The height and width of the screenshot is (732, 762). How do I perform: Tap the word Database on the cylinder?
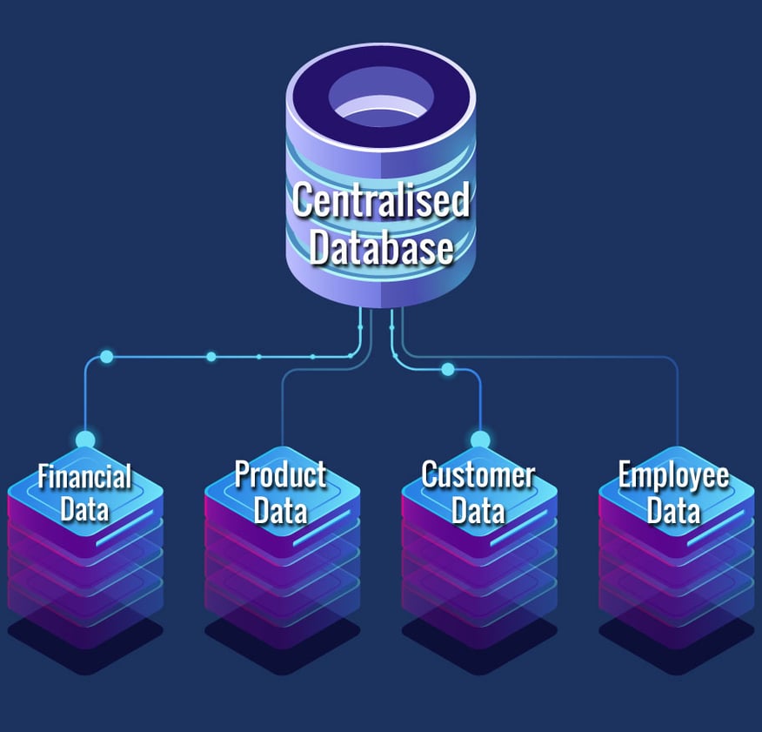(x=380, y=247)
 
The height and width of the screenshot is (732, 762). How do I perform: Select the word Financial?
(x=84, y=477)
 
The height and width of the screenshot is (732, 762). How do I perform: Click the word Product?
(x=281, y=475)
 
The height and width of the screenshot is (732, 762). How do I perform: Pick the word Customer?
(x=478, y=475)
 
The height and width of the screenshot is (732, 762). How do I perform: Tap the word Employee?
(x=674, y=477)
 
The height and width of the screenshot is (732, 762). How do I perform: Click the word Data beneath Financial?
(x=84, y=508)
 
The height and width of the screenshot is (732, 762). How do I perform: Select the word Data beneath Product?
(x=281, y=508)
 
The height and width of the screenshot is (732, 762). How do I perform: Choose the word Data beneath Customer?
(x=478, y=510)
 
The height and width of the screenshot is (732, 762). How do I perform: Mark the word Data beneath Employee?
(x=674, y=510)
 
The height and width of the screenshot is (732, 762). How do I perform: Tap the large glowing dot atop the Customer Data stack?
(x=480, y=440)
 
